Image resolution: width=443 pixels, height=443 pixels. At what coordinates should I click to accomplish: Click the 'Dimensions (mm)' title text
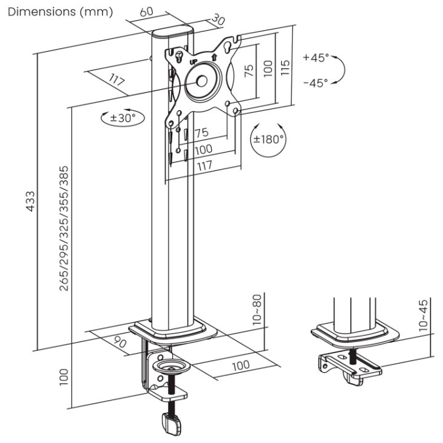(x=60, y=12)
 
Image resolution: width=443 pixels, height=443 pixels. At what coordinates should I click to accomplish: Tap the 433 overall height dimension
(x=31, y=201)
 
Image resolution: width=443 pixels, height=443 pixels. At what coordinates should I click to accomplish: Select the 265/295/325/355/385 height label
(x=64, y=228)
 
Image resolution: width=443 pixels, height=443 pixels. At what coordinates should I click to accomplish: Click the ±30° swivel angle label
(x=123, y=118)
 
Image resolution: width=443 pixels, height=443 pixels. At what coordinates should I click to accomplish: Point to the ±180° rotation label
(x=268, y=139)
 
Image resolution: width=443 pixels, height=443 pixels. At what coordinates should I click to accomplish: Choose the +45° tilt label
(x=316, y=57)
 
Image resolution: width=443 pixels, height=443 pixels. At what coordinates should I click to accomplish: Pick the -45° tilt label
(x=316, y=83)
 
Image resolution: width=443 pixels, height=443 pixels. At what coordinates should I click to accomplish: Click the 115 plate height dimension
(x=285, y=67)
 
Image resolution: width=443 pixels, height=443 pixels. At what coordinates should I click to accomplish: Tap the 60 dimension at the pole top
(x=146, y=12)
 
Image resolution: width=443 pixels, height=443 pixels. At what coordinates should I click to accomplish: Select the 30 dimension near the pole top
(x=218, y=20)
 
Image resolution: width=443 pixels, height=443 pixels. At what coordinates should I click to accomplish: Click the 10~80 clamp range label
(x=257, y=309)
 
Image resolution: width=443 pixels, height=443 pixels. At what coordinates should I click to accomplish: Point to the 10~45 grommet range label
(x=423, y=316)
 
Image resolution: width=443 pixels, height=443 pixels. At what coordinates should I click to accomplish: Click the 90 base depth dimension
(x=120, y=342)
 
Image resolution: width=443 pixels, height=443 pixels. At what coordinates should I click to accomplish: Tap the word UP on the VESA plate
(x=194, y=62)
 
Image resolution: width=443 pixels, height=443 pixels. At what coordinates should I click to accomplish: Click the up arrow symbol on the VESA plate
(x=214, y=57)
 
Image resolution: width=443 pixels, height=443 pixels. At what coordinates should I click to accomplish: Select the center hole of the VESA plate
(x=202, y=81)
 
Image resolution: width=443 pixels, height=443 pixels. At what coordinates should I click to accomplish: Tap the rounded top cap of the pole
(x=173, y=31)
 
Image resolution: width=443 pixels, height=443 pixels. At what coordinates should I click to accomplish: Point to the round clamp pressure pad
(x=172, y=367)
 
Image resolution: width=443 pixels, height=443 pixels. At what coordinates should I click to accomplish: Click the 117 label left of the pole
(x=117, y=80)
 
